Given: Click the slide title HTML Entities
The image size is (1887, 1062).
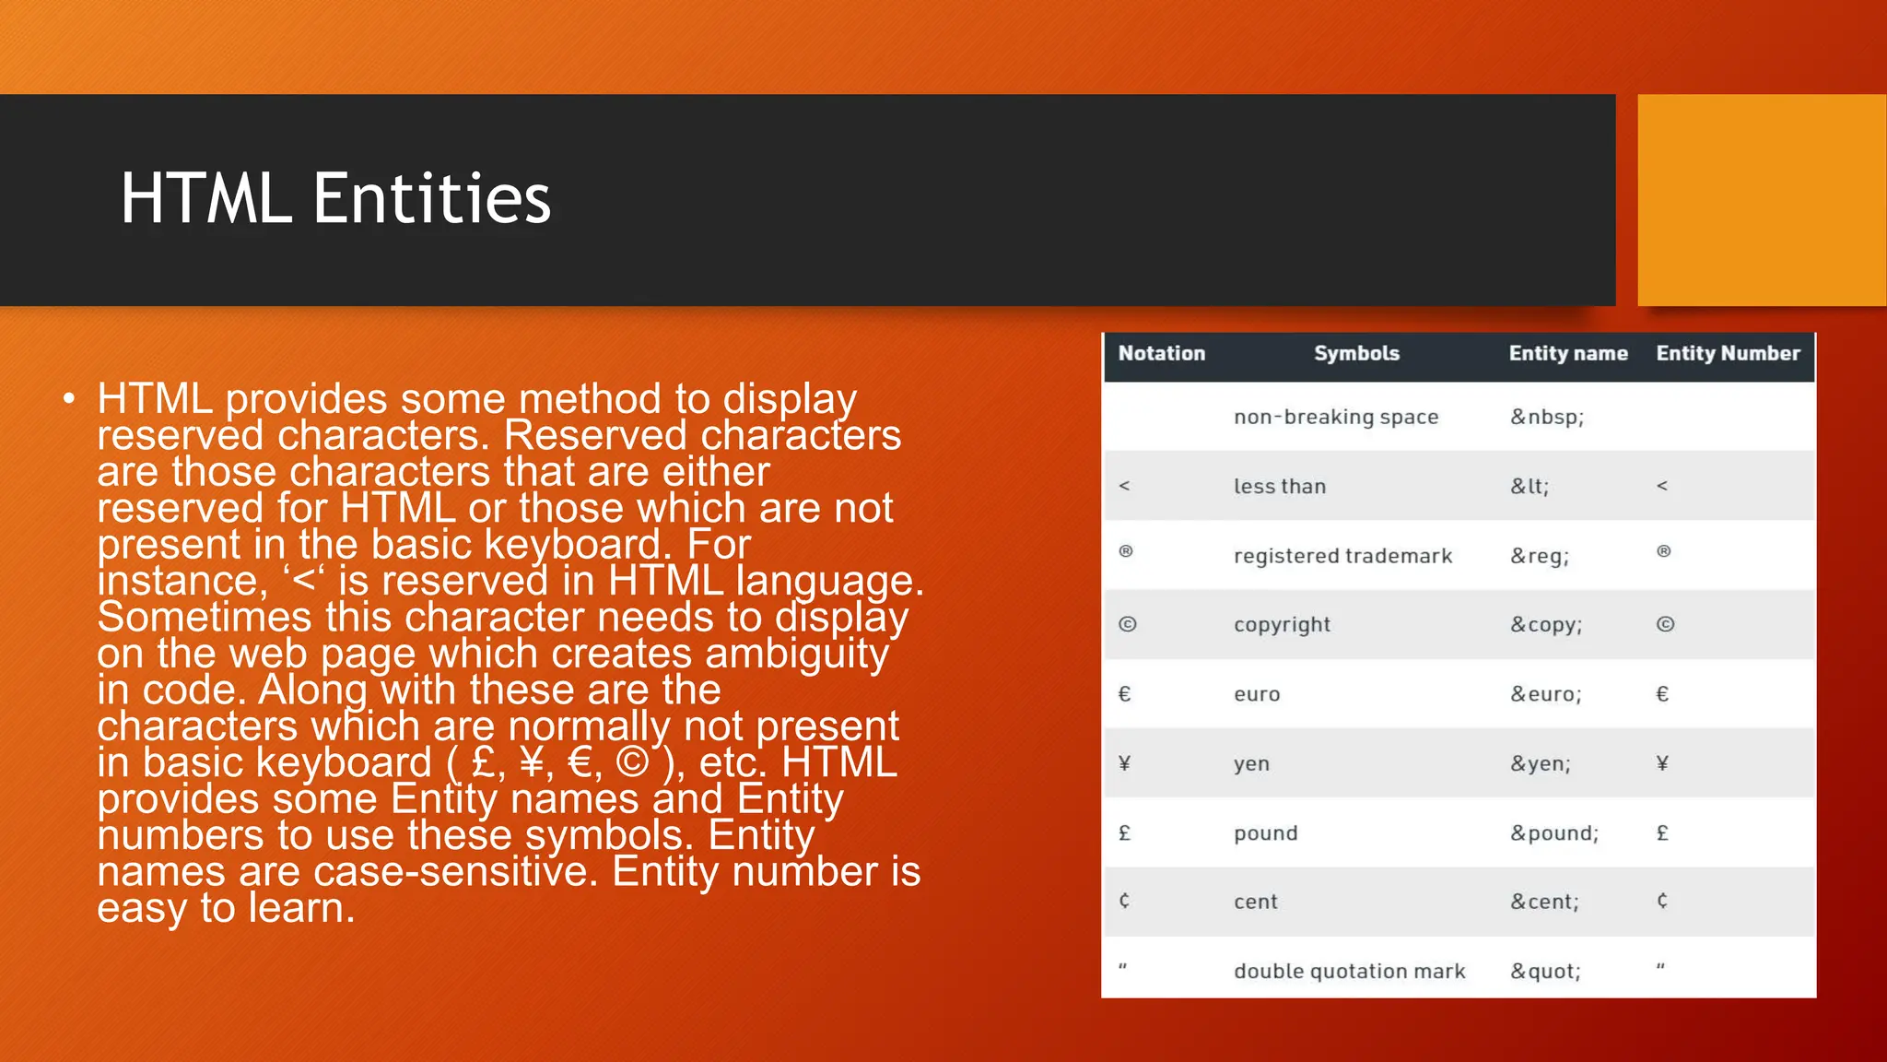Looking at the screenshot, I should pos(335,199).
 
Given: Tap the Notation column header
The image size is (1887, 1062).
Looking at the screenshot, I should pos(1161,354).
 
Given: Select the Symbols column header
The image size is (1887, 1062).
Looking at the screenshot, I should pos(1356,354).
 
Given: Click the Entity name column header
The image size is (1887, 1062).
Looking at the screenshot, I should pos(1567,354).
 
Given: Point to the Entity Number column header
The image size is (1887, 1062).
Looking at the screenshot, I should pos(1728,354).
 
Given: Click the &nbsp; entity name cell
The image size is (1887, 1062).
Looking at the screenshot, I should pos(1546,418).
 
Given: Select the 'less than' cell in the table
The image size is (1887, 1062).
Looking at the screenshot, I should pos(1280,487).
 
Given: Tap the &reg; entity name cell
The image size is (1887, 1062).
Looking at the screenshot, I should pos(1539,557).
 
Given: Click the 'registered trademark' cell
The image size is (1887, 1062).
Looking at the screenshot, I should pos(1342,556).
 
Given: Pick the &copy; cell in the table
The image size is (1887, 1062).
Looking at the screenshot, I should pos(1545,625).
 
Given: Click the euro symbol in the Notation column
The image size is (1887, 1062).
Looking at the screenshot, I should pos(1124,694).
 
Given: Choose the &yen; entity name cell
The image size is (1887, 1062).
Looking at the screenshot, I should pos(1540,764).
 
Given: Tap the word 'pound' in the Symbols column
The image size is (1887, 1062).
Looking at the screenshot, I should pos(1265,833).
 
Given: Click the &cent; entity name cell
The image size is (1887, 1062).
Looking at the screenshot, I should pos(1544,903).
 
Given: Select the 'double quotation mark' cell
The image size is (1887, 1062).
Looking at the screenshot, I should pos(1349,972).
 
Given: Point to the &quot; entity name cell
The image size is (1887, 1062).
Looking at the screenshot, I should pos(1545,972).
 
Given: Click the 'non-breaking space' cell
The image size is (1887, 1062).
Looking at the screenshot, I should pos(1336,418).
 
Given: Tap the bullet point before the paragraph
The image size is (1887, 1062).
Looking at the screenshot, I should pos(68,399).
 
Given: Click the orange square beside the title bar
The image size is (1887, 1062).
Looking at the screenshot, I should pos(1761,200).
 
